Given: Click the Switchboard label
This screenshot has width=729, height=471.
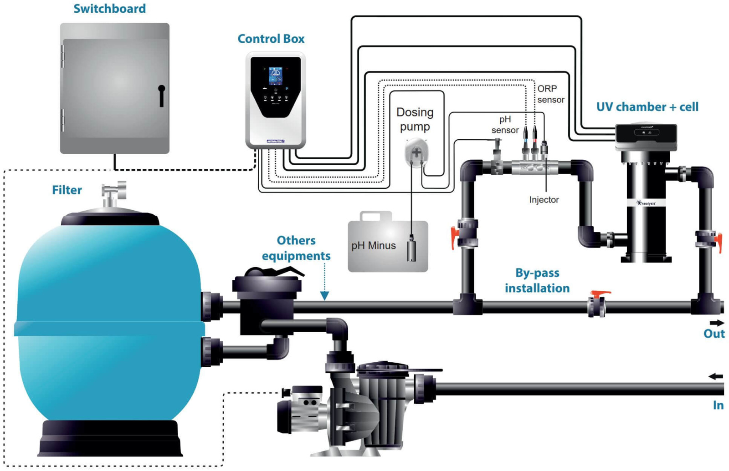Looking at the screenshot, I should [x=109, y=9].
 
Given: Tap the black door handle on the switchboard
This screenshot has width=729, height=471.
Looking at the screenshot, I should [x=161, y=95].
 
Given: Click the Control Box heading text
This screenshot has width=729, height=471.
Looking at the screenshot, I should [x=271, y=39].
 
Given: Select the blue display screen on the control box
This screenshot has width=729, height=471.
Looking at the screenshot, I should [x=275, y=76].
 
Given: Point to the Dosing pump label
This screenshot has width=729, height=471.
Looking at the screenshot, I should [x=415, y=119].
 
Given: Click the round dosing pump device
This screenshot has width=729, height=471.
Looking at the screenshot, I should [x=416, y=152].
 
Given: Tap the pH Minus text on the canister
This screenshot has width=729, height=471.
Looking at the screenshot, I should [x=373, y=246].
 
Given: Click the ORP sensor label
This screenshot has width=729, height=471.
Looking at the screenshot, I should [x=550, y=94].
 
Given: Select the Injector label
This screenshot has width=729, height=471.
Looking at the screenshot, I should [x=544, y=200].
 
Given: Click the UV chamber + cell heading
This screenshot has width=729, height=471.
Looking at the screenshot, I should [x=647, y=107].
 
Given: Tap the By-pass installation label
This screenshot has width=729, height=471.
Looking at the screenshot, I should [x=537, y=280].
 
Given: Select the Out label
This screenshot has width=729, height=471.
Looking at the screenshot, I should [x=714, y=334].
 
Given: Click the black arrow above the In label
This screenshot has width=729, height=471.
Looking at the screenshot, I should [x=716, y=376].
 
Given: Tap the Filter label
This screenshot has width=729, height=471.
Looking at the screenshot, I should [x=67, y=190].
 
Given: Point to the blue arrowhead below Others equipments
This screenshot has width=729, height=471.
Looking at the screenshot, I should [x=324, y=296].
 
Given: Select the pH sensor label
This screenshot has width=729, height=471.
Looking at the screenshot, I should [x=505, y=125].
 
